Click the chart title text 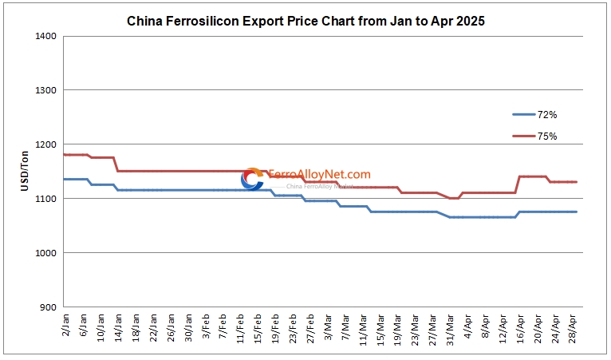click(x=305, y=22)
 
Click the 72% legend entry click(x=547, y=115)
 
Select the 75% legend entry click(x=547, y=136)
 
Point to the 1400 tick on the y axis click(x=45, y=37)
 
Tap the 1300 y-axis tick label click(x=45, y=90)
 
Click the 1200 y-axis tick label click(x=45, y=144)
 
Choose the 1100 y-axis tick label click(x=45, y=199)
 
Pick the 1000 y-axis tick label click(x=45, y=253)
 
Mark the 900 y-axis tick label click(x=47, y=307)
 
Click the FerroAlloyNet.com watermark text click(x=319, y=174)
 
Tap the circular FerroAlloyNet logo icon click(x=252, y=180)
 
